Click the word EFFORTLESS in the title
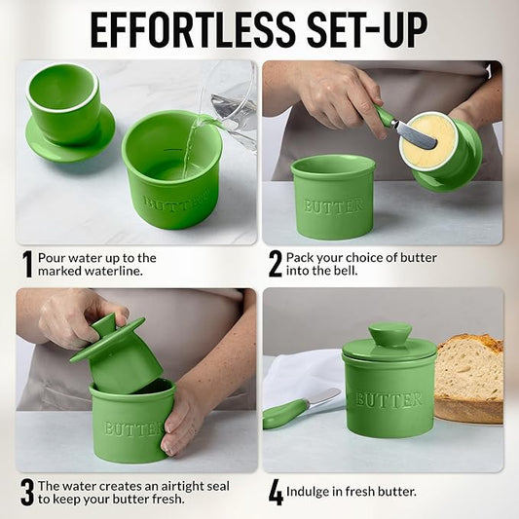click(x=193, y=31)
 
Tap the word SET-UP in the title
click(x=367, y=31)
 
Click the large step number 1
click(x=28, y=264)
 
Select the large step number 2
click(x=275, y=264)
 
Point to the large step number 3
click(x=27, y=493)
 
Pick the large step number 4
click(x=276, y=493)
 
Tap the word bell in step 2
click(x=347, y=271)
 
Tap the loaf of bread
click(x=469, y=379)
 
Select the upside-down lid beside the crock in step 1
click(x=70, y=113)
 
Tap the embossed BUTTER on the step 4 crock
click(x=389, y=400)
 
